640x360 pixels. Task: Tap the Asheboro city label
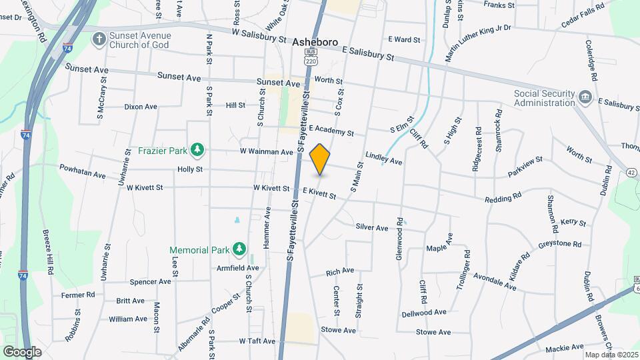coord(315,41)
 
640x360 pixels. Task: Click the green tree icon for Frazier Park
coord(197,151)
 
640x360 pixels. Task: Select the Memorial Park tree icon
coord(239,250)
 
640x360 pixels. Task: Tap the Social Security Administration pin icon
coord(585,97)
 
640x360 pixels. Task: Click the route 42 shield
coord(631,172)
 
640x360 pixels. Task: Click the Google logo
coord(22,351)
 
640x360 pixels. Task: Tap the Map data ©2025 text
coord(609,355)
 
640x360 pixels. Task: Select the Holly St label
coord(190,169)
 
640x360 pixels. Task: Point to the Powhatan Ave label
coord(83,171)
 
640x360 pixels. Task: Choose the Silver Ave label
coord(372,227)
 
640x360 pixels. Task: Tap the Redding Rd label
coord(503,198)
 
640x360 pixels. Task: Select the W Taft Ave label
coord(257,341)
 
